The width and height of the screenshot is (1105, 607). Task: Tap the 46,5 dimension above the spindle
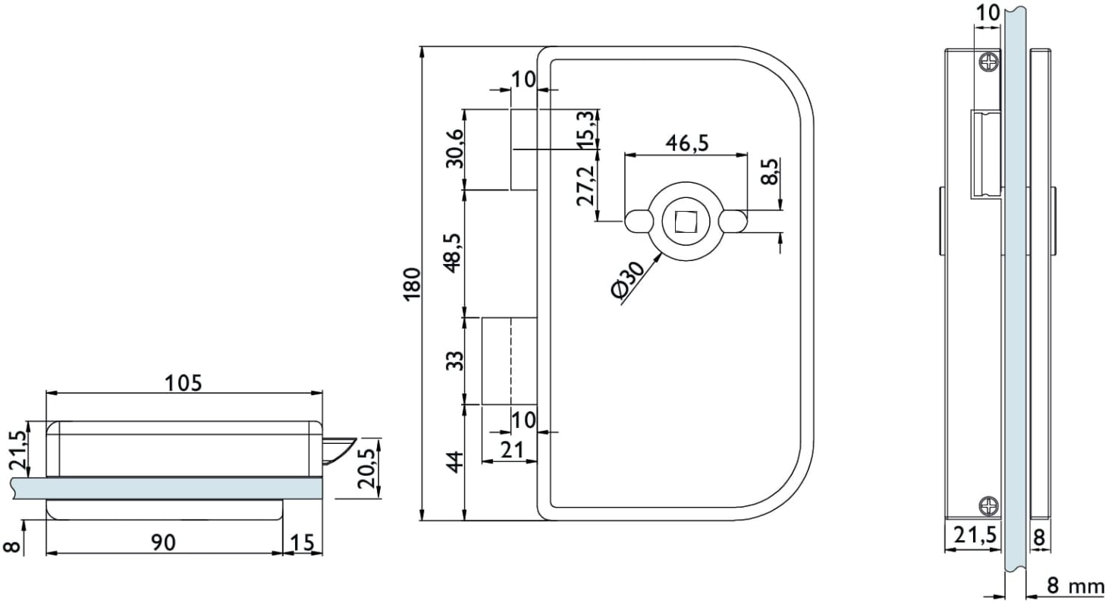pyautogui.click(x=686, y=143)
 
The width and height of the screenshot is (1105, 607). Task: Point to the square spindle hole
pyautogui.click(x=685, y=221)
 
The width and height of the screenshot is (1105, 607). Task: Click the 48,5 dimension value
pyautogui.click(x=453, y=251)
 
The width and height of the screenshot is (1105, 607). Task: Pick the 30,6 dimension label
pyautogui.click(x=454, y=148)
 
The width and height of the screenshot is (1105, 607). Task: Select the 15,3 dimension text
pyautogui.click(x=585, y=129)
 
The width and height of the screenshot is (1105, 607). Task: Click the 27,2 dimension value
pyautogui.click(x=585, y=184)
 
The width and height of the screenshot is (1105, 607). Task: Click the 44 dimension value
pyautogui.click(x=454, y=461)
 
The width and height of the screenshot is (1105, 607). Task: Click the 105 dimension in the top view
pyautogui.click(x=184, y=382)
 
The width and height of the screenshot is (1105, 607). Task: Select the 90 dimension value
pyautogui.click(x=163, y=542)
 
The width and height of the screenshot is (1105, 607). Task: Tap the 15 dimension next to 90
pyautogui.click(x=302, y=542)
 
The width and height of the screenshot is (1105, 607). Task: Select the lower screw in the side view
pyautogui.click(x=989, y=505)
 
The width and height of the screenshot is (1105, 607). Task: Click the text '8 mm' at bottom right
pyautogui.click(x=1075, y=586)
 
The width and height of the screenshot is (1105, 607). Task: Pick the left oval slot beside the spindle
pyautogui.click(x=639, y=221)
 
